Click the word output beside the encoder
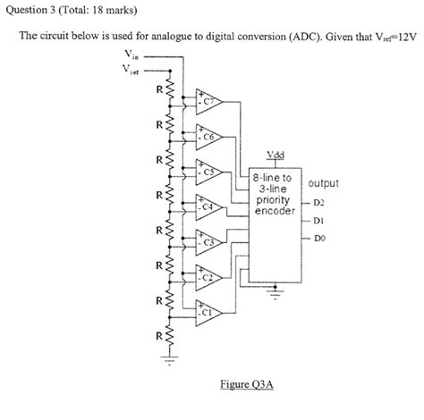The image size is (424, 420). pyautogui.click(x=323, y=184)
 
